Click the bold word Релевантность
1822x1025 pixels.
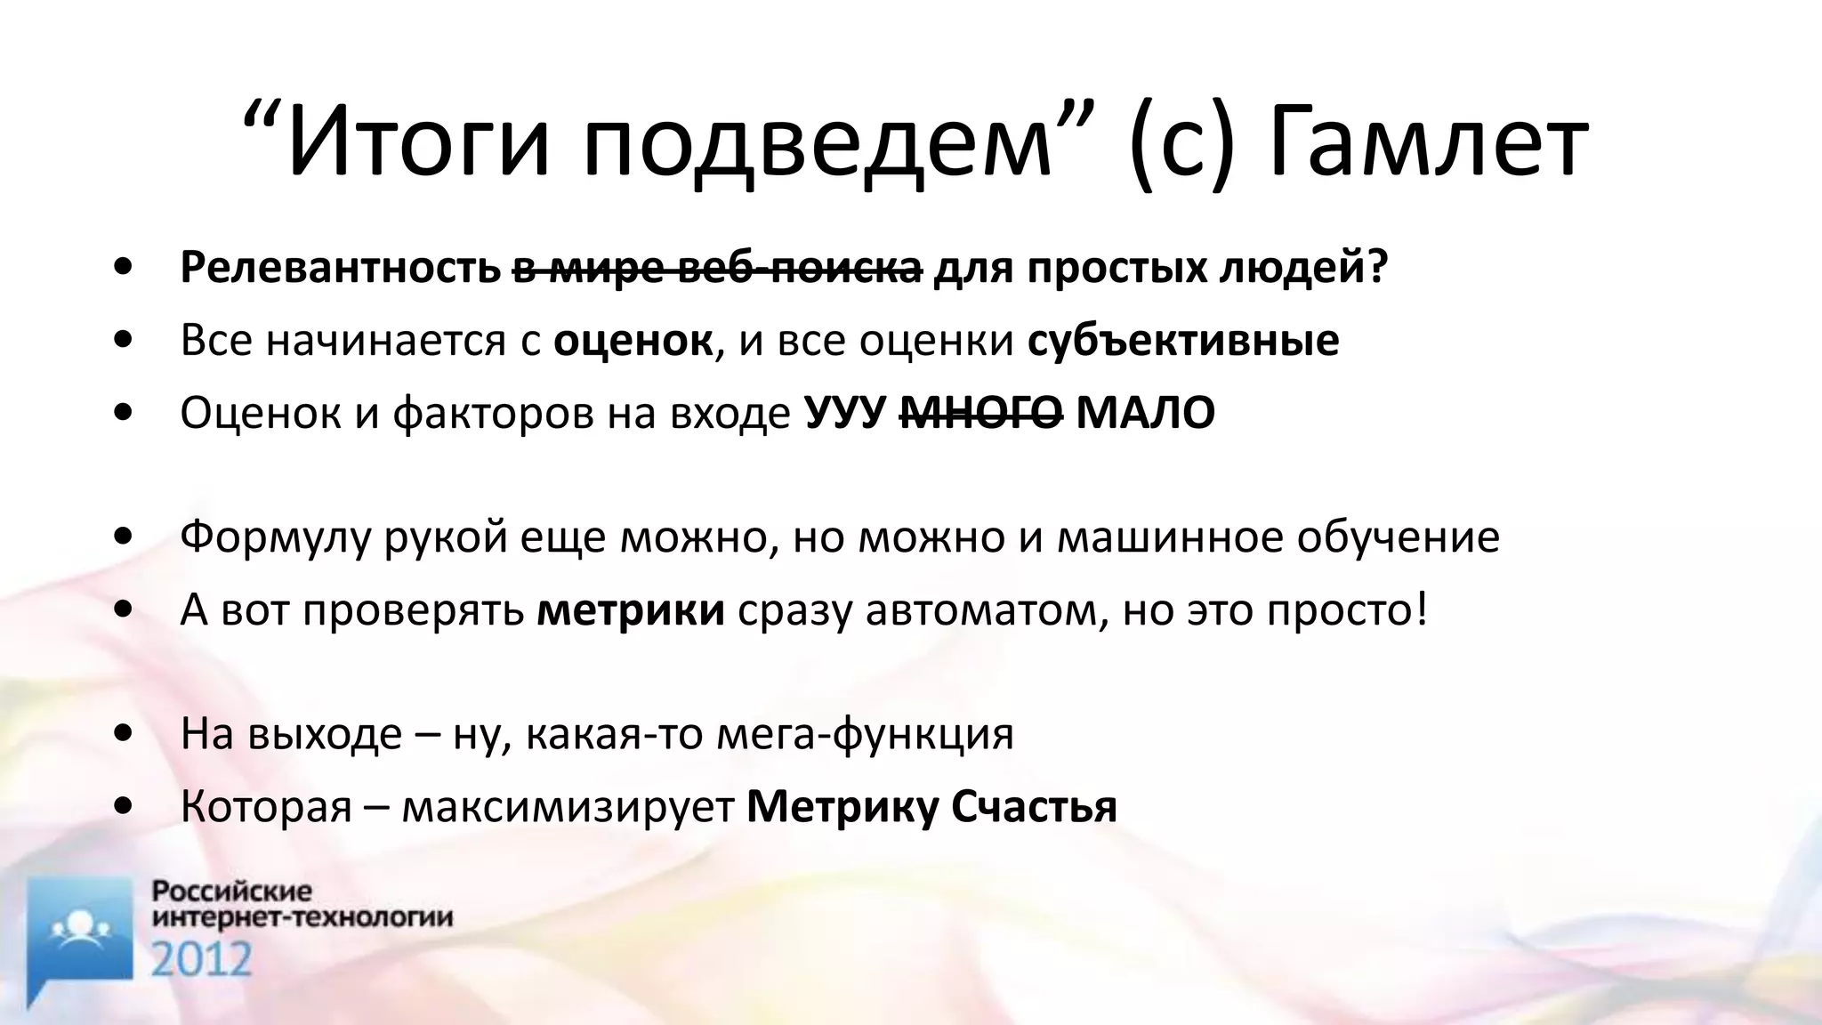pos(340,268)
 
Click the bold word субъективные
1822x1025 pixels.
pos(1183,341)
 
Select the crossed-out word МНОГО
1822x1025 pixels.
pos(981,413)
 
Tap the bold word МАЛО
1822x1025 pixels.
pos(1145,413)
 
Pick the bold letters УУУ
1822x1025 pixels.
pos(846,415)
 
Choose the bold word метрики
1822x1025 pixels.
pos(631,610)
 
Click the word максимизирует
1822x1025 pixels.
pos(568,807)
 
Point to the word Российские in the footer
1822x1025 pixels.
pos(232,892)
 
